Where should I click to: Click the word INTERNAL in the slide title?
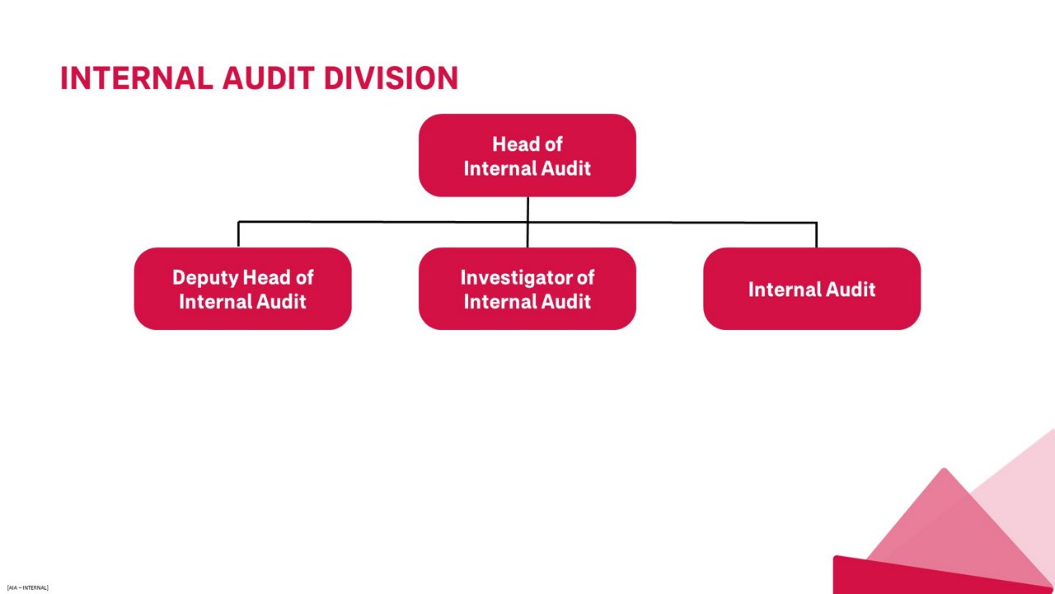[137, 78]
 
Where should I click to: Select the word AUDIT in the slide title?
[268, 78]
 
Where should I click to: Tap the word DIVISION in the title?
[391, 78]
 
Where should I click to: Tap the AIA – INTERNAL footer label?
[27, 587]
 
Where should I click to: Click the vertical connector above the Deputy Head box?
[238, 234]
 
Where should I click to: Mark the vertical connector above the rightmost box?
[816, 235]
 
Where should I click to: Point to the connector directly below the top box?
[527, 209]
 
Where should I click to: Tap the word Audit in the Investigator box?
[565, 301]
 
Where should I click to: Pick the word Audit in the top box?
[565, 168]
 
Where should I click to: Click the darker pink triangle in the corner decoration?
[948, 520]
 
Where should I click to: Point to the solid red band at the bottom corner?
[907, 577]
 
